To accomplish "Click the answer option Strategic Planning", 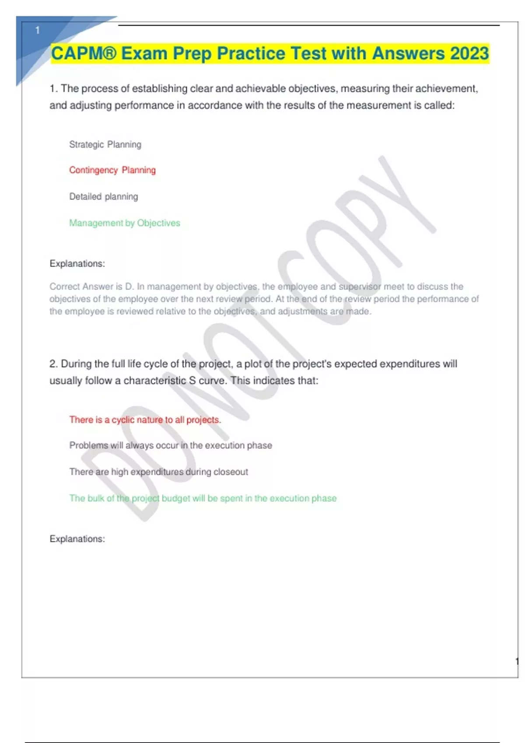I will pos(105,145).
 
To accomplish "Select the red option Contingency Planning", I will pos(112,170).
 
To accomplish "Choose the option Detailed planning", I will pos(103,197).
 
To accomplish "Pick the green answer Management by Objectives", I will pos(125,223).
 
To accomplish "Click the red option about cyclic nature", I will pos(145,420).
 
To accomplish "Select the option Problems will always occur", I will pos(170,445).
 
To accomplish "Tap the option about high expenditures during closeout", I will pos(158,472).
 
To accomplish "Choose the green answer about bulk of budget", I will pos(203,498).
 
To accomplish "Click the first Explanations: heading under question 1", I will pos(77,264).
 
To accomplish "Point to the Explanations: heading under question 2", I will pos(77,539).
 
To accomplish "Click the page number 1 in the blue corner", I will pos(38,30).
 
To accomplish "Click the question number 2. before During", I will pos(53,364).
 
